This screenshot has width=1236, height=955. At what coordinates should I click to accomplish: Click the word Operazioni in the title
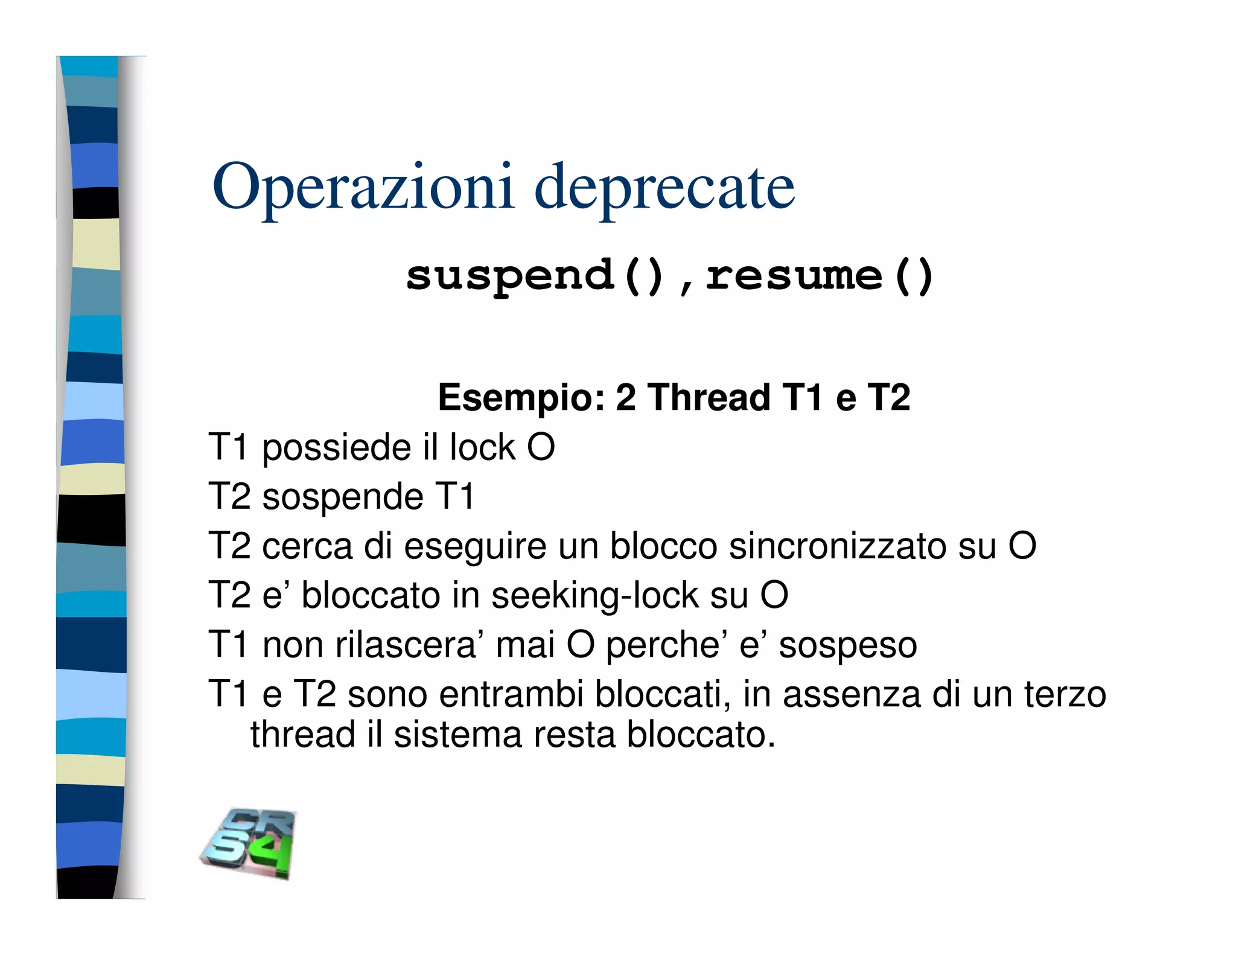[363, 187]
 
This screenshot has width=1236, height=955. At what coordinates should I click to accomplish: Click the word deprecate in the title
[664, 187]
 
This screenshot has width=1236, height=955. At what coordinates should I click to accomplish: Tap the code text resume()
[819, 276]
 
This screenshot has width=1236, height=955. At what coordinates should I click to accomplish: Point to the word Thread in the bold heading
[709, 398]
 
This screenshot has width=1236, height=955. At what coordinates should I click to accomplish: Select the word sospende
[343, 497]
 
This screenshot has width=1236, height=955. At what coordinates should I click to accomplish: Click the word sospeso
[847, 645]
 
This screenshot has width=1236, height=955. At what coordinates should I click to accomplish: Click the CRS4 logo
[249, 843]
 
